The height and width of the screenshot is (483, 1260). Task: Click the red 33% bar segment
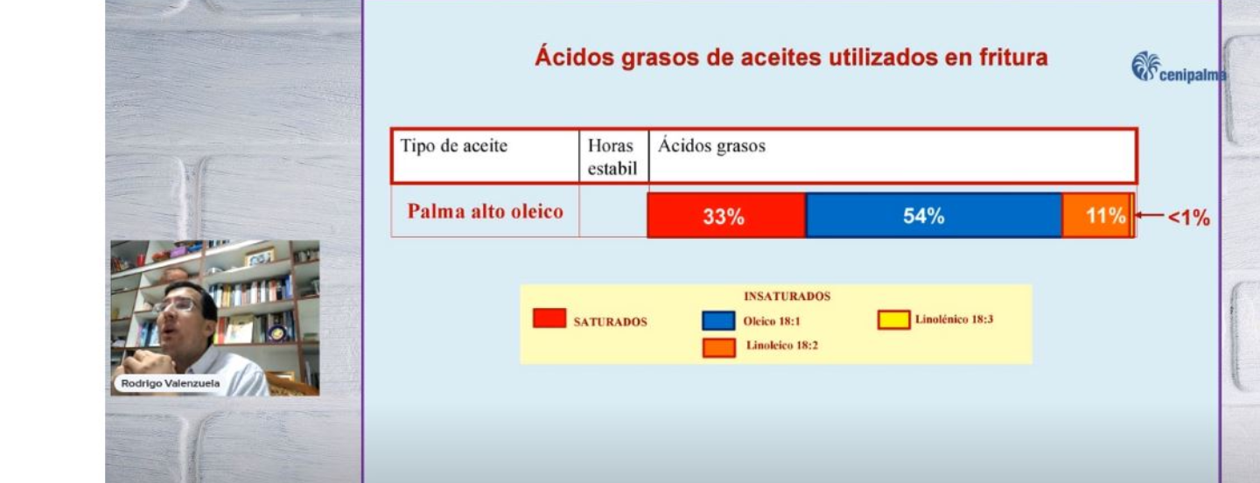click(x=725, y=216)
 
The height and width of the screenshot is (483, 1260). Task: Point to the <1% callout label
click(x=1189, y=218)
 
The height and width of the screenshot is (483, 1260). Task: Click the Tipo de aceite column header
click(x=454, y=146)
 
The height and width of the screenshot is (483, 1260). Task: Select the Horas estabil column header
click(x=612, y=157)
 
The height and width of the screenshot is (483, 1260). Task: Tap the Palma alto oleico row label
click(x=486, y=212)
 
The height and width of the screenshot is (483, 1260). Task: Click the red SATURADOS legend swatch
click(x=549, y=318)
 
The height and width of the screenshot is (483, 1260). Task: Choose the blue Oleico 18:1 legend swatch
click(x=717, y=320)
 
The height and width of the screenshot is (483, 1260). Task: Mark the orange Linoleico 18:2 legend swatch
click(x=718, y=347)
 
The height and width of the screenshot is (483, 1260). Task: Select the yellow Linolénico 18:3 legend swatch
click(x=893, y=320)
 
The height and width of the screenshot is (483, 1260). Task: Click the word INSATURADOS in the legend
click(x=787, y=297)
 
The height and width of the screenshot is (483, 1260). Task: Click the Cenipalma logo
click(x=1178, y=68)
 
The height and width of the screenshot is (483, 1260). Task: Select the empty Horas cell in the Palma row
click(x=612, y=212)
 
